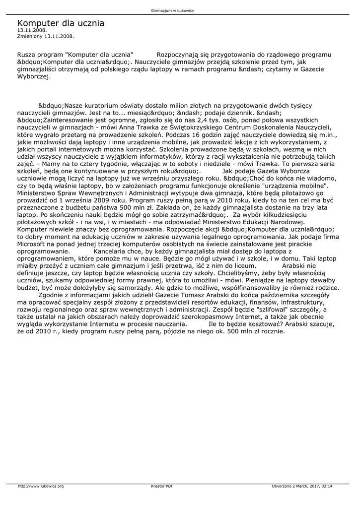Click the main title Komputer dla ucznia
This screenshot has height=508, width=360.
pyautogui.click(x=61, y=23)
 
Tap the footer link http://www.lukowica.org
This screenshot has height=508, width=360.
pyautogui.click(x=41, y=486)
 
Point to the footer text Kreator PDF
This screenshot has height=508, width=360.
pyautogui.click(x=162, y=486)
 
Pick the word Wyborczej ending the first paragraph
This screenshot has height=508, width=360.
pyautogui.click(x=33, y=77)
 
